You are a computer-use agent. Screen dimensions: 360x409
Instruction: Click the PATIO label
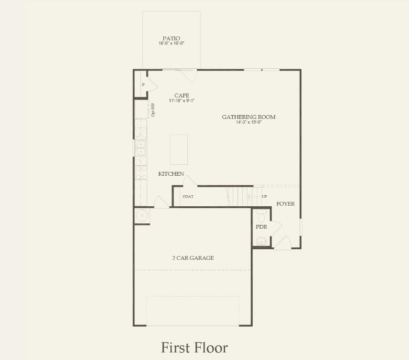click(x=172, y=38)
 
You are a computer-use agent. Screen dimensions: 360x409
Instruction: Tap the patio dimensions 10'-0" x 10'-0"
click(x=172, y=43)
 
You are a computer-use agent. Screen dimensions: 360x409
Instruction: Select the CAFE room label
click(x=182, y=95)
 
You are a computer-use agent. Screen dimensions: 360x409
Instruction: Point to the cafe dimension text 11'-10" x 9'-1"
click(x=182, y=101)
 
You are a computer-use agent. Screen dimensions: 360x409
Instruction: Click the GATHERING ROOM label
click(x=248, y=117)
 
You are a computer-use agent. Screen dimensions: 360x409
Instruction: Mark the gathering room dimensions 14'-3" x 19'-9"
click(x=248, y=122)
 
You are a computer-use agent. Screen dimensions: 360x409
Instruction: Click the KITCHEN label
click(x=171, y=174)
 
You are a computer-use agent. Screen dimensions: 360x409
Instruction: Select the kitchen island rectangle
click(x=179, y=149)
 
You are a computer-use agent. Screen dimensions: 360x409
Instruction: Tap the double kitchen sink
click(x=140, y=148)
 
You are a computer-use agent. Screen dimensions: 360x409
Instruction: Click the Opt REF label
click(x=153, y=110)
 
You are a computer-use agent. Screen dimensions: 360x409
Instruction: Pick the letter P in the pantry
click(x=143, y=85)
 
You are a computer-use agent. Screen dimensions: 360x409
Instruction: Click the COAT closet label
click(x=188, y=197)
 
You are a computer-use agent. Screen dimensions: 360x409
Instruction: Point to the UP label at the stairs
click(x=265, y=197)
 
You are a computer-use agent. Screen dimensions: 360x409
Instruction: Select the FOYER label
click(x=286, y=204)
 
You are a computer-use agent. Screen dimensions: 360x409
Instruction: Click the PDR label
click(x=261, y=227)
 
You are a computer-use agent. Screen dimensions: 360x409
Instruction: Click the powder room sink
click(x=261, y=242)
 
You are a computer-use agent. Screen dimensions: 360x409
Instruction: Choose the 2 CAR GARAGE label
click(x=193, y=258)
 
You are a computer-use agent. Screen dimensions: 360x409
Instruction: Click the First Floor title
click(x=194, y=347)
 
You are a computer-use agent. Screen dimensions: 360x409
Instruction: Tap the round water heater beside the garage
click(x=142, y=216)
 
